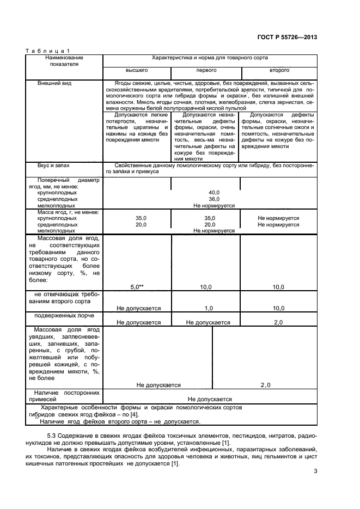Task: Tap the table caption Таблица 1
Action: pyautogui.click(x=48, y=51)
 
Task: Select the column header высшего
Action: pyautogui.click(x=137, y=71)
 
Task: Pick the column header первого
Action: pyautogui.click(x=206, y=71)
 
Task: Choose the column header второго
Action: pyautogui.click(x=279, y=71)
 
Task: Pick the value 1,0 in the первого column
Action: pyautogui.click(x=208, y=308)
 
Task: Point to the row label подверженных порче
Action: pyautogui.click(x=64, y=315)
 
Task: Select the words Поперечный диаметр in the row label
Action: pyautogui.click(x=69, y=180)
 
